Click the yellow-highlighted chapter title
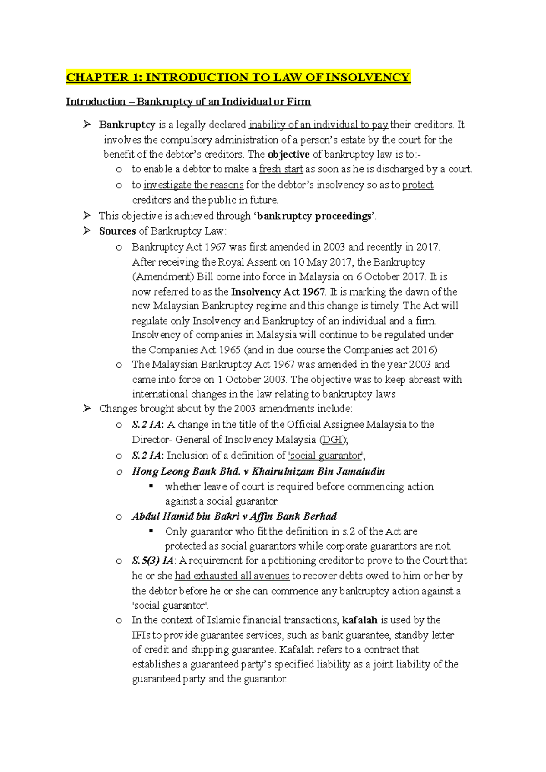pos(238,77)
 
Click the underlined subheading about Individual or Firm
pos(188,101)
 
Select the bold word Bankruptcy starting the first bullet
pos(127,125)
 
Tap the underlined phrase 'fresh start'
pos(281,169)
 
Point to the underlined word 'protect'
pos(418,185)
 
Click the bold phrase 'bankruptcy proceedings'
pos(314,216)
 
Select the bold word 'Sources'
pos(117,231)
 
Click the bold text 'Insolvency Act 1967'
pos(278,292)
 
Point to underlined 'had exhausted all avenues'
pos(232,576)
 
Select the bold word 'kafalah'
pos(359,620)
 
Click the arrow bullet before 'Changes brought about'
pos(87,409)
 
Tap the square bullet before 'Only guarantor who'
pos(152,531)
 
